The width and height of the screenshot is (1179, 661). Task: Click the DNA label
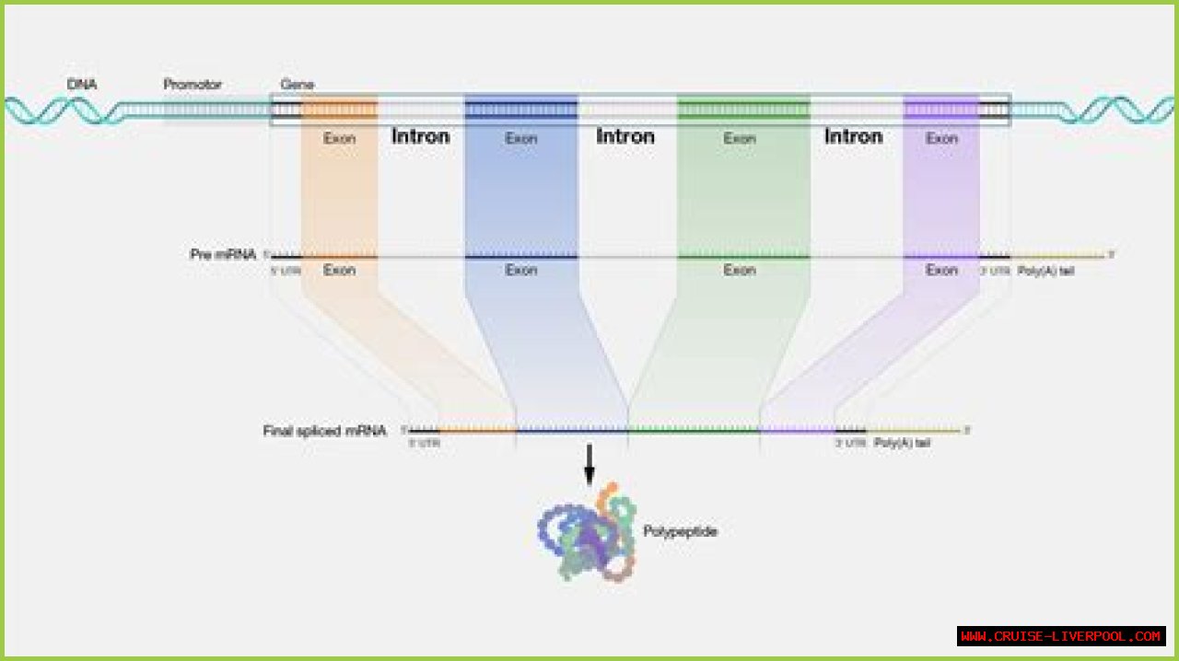(82, 85)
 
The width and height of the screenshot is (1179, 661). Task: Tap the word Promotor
(193, 85)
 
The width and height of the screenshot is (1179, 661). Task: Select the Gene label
(297, 85)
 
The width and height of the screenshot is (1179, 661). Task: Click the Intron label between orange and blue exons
(421, 136)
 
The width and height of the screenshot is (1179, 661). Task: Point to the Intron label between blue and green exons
(625, 136)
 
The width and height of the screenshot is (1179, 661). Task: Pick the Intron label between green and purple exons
(853, 136)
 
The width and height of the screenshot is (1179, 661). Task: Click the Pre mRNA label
(223, 254)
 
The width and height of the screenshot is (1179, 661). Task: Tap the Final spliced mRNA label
(324, 430)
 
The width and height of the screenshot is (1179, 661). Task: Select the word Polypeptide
(681, 531)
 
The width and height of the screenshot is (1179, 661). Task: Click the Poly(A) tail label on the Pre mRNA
(1046, 271)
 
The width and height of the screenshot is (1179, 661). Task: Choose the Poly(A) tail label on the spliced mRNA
(902, 443)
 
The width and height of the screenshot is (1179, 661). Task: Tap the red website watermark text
(1061, 636)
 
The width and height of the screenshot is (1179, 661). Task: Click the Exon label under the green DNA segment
(740, 138)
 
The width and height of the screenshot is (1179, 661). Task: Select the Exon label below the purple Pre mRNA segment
(941, 270)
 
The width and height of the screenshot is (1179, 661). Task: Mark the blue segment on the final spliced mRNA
(571, 430)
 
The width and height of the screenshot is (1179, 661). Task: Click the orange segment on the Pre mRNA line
(339, 256)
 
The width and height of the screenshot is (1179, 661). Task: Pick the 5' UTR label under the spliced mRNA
(424, 443)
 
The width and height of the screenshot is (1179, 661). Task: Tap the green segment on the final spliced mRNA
(694, 430)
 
